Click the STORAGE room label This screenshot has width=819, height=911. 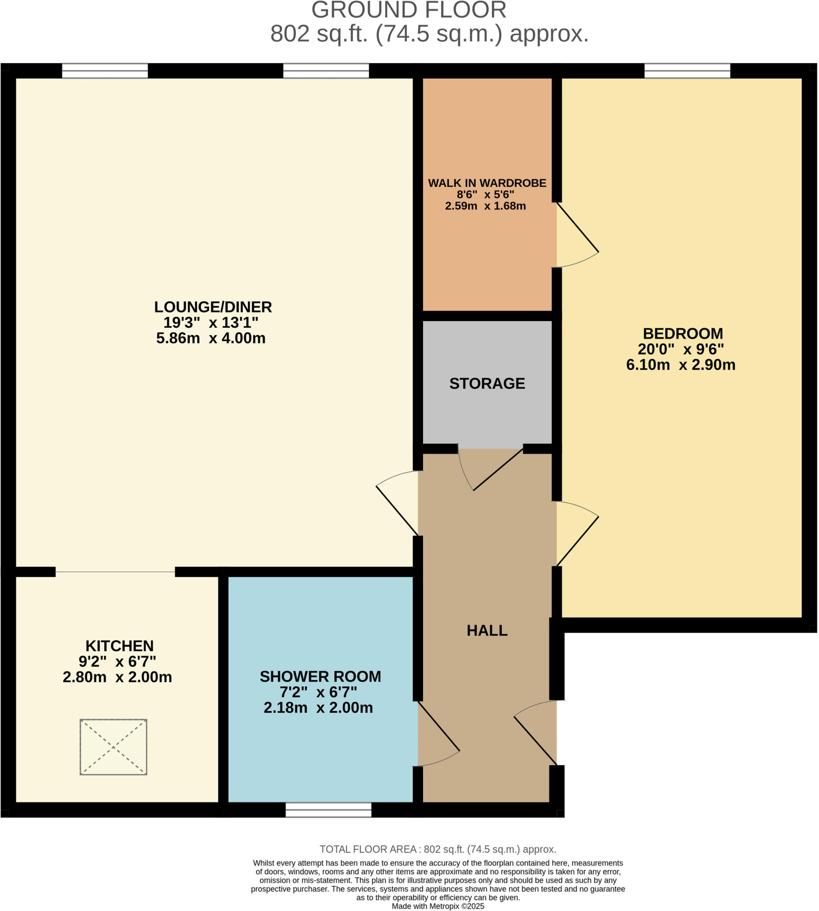pos(487,383)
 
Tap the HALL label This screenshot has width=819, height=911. pos(487,630)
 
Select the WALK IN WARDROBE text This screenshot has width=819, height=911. pos(487,183)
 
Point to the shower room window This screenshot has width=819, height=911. pos(328,810)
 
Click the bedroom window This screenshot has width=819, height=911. pos(687,71)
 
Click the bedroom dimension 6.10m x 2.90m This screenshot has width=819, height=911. pos(680,364)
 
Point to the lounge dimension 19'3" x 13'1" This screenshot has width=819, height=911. pos(210,322)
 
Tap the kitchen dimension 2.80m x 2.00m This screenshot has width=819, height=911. pos(117,677)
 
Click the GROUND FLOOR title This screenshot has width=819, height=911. pos(408,10)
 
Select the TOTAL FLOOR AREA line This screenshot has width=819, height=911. pos(438,849)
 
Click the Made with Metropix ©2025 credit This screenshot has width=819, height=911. pos(438,906)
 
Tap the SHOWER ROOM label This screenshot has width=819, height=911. pos(320,677)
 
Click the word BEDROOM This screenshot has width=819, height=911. pos(683,334)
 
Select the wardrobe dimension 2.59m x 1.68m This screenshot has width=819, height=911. pos(485,206)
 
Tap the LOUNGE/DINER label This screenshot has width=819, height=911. pos(213,307)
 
